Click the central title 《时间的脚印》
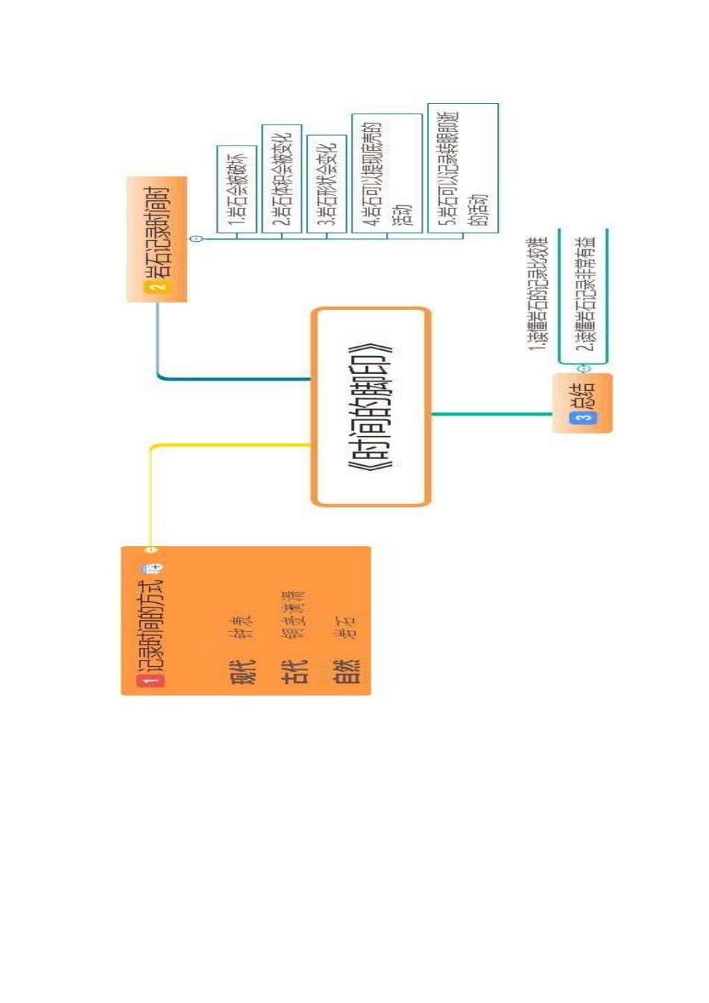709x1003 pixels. click(371, 407)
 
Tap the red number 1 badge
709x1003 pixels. click(152, 680)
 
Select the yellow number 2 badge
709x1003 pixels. click(157, 287)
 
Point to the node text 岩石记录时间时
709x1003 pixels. click(157, 231)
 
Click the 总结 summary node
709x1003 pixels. click(583, 396)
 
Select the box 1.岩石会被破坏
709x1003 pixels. click(237, 189)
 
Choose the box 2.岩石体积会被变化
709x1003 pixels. click(281, 178)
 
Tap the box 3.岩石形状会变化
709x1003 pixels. click(327, 184)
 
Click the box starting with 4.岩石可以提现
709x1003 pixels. click(387, 173)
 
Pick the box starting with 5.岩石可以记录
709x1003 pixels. click(463, 168)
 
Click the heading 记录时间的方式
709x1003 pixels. click(152, 625)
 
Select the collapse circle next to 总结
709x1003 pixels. click(584, 369)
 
